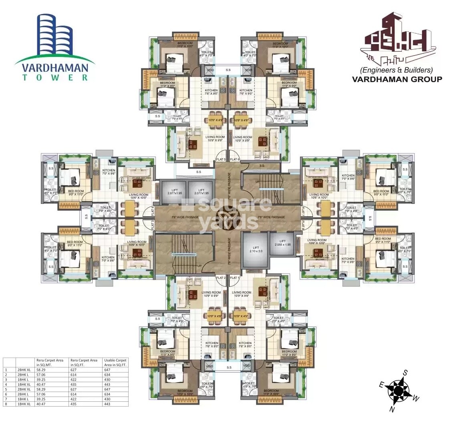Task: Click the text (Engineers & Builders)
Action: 396,70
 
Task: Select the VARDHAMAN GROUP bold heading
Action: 397,79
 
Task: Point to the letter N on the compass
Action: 393,410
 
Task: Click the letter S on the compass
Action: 405,373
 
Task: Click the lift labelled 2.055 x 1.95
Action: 283,245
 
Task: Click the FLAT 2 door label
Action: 221,278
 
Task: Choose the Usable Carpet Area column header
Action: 115,363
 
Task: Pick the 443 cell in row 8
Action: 107,404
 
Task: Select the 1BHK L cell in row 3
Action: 23,380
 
